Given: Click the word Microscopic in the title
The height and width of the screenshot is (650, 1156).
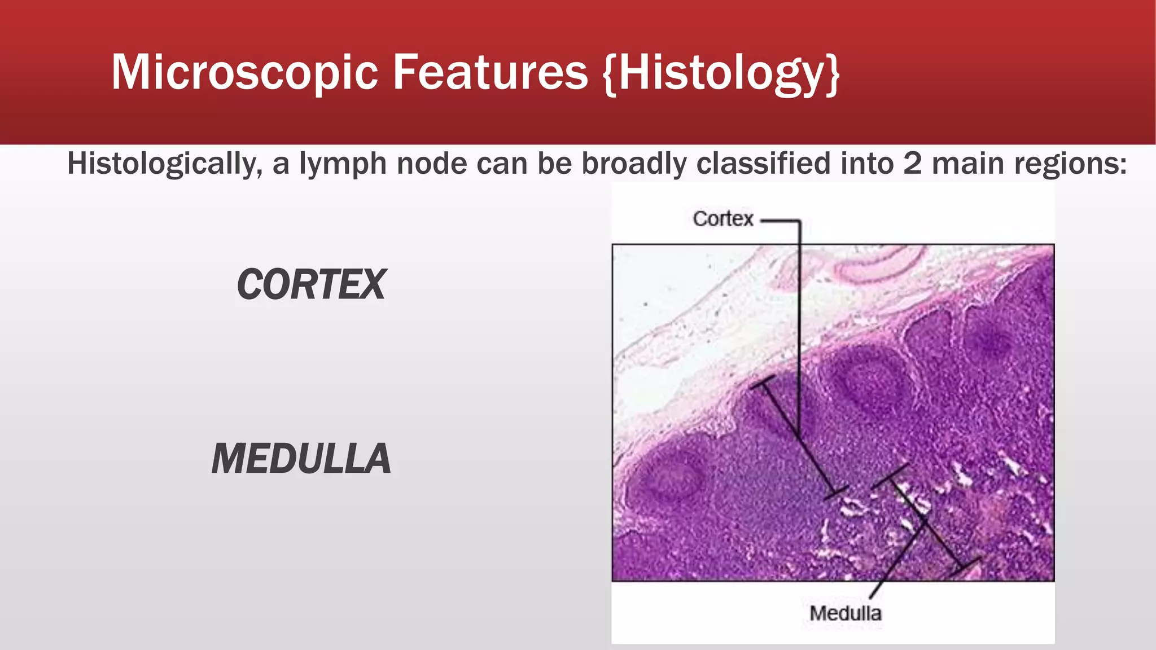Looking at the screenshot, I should coord(244,72).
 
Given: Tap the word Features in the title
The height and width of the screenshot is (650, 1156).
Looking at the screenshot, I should coord(490,72).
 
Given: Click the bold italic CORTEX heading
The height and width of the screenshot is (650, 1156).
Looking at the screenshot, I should coord(311,284).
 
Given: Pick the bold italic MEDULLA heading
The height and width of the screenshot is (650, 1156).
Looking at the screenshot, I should coord(301,459).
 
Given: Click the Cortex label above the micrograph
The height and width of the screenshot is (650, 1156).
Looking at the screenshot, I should coord(722,219).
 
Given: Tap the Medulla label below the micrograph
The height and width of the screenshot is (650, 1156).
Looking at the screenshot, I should coord(845,613).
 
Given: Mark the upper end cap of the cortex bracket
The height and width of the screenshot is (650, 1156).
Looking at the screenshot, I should coord(763,384).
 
